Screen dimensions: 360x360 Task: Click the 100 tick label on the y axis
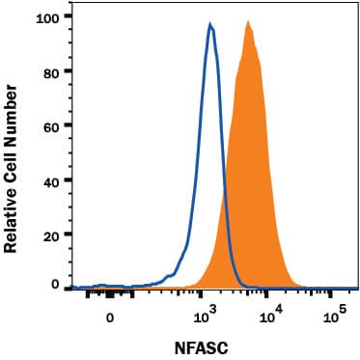(x=46, y=17)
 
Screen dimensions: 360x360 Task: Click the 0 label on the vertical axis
(x=53, y=286)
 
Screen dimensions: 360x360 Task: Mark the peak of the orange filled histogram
(x=248, y=20)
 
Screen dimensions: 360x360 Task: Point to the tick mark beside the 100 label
(x=64, y=17)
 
